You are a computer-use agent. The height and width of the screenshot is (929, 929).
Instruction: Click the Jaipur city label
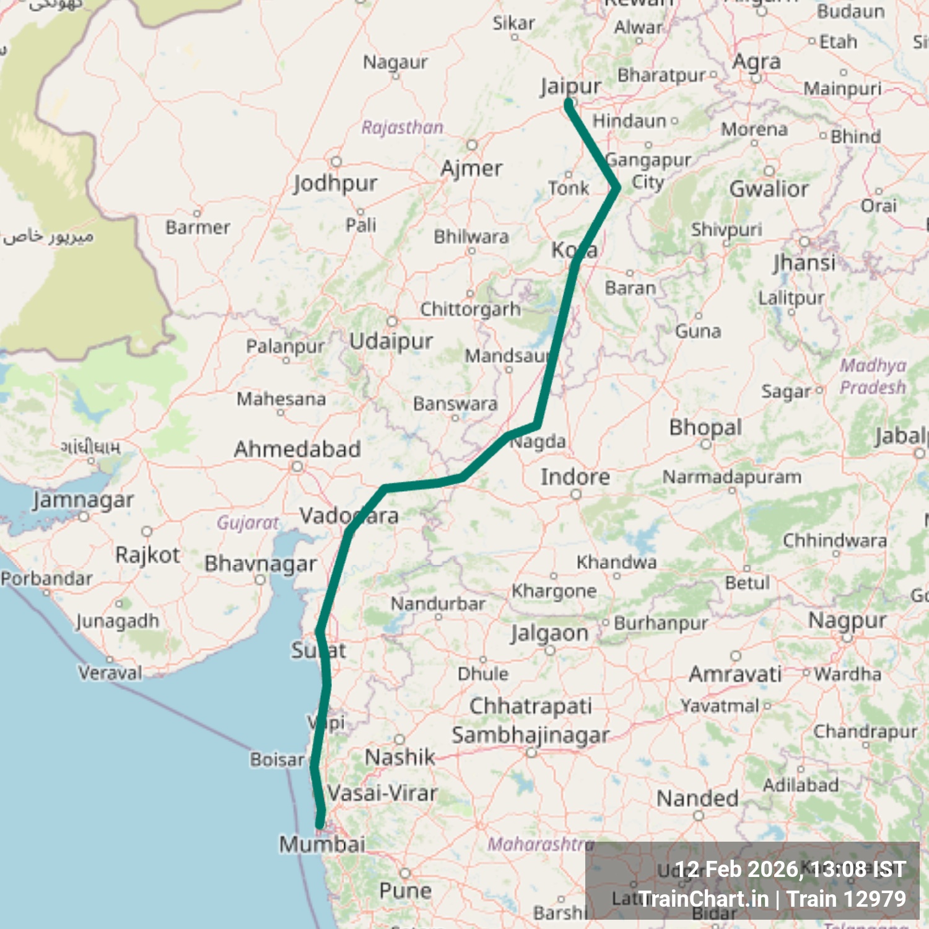coord(570,86)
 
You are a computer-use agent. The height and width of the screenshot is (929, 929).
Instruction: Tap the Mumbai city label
coord(322,844)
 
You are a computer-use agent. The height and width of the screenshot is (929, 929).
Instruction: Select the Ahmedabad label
coord(297,449)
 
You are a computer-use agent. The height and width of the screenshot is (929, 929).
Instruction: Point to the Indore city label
coord(575,477)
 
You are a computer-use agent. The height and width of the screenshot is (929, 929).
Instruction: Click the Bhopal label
coord(705,427)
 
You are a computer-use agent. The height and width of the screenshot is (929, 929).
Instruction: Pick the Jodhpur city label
coord(335,183)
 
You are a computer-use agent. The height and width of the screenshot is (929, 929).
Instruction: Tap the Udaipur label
coord(391,341)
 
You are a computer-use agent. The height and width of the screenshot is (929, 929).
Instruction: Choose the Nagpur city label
coord(847,620)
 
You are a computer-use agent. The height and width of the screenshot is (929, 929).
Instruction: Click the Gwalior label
coord(769,189)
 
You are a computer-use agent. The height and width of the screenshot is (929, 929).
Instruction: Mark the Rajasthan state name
coord(403,128)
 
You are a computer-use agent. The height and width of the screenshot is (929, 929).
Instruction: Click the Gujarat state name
coord(248,523)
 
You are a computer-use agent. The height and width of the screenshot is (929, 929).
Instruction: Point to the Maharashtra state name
coord(541,844)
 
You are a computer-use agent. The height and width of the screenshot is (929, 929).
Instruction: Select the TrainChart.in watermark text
coord(704,899)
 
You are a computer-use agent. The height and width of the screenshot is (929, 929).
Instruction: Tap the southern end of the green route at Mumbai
coord(320,824)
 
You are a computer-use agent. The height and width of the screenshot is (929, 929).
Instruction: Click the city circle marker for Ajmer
coord(472,145)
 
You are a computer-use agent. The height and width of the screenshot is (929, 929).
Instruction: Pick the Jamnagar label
coord(83,500)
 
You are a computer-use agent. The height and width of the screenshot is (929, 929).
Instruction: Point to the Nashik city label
coord(400,757)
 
